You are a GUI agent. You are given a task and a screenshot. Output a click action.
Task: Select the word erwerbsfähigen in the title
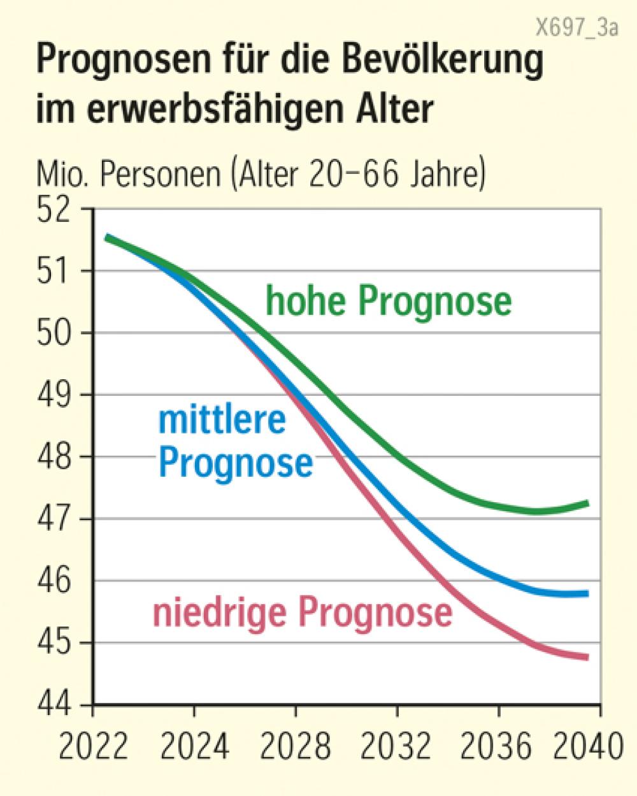[216, 107]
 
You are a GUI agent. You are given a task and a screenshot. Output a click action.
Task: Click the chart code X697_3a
[576, 29]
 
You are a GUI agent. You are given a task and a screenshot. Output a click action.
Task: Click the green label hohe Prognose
[388, 301]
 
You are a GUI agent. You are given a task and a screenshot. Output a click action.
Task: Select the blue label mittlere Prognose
[235, 442]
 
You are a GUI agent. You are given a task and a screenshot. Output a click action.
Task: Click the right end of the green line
[586, 503]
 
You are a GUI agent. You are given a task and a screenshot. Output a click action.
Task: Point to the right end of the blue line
[586, 593]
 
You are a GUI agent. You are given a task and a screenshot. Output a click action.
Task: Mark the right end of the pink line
[586, 657]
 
